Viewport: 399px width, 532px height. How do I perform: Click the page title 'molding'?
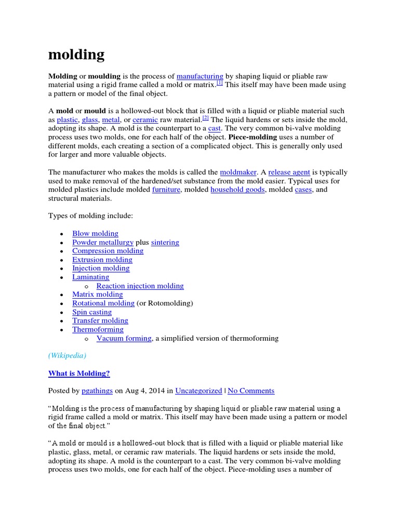(76, 55)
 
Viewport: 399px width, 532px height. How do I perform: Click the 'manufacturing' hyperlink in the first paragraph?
(200, 76)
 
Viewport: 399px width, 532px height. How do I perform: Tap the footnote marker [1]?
(220, 83)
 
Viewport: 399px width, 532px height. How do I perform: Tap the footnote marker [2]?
(205, 118)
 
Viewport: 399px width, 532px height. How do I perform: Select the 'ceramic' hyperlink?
(145, 119)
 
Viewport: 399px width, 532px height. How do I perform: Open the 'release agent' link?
(289, 172)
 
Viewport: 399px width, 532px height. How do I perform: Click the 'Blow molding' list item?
(95, 233)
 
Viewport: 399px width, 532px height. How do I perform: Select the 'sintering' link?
(165, 242)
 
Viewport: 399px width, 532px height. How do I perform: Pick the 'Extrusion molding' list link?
(102, 259)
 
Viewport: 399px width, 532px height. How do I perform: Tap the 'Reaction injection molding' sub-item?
(140, 286)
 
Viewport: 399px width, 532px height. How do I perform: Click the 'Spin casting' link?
(92, 312)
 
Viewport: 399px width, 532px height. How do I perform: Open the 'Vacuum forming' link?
(124, 338)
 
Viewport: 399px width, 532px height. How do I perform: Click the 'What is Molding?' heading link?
(79, 373)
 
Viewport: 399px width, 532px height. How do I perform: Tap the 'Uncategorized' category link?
(198, 391)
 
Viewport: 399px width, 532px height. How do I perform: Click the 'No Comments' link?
(251, 391)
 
